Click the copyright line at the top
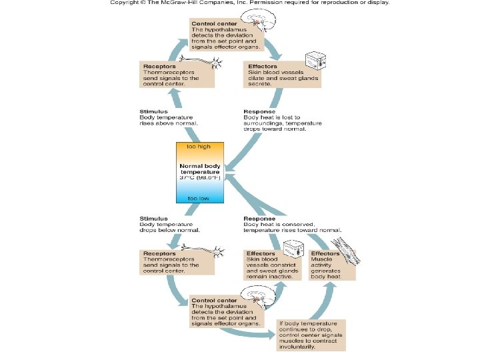(x=249, y=3)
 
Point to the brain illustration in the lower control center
(x=253, y=296)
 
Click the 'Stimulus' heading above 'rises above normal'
(x=153, y=111)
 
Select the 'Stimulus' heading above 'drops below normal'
(x=153, y=218)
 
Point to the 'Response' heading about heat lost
(x=259, y=111)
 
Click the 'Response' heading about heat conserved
(x=259, y=218)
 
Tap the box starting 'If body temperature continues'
(x=312, y=333)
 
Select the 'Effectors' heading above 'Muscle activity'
(x=325, y=253)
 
